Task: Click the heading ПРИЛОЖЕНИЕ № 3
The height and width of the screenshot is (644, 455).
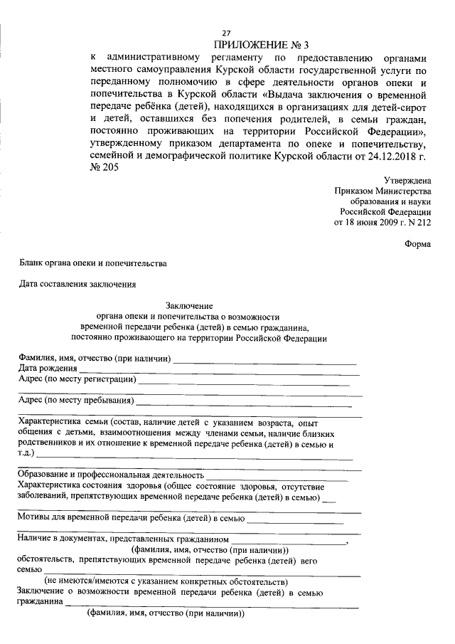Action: pos(262,45)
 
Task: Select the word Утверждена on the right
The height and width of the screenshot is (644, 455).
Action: pos(407,181)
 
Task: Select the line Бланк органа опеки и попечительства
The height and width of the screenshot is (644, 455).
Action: pos(93,263)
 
